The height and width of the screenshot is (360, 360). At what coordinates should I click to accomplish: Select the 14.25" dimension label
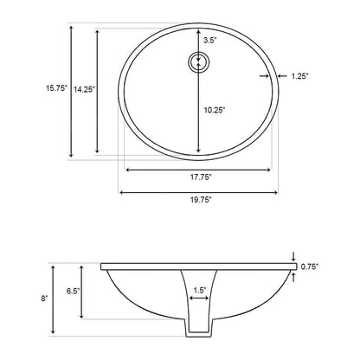[84, 87]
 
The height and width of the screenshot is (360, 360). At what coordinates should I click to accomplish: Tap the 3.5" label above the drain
[210, 41]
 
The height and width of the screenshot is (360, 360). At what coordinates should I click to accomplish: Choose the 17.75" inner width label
[199, 177]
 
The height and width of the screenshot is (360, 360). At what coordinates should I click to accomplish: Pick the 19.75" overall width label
[199, 200]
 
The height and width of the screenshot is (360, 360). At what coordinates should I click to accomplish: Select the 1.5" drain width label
[200, 290]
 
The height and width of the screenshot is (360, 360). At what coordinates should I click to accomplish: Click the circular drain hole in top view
[199, 62]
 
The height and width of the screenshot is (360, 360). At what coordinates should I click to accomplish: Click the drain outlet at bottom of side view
[199, 329]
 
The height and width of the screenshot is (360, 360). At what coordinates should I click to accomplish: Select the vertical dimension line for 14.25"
[98, 91]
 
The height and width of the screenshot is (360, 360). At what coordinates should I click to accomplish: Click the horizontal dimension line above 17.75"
[199, 169]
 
